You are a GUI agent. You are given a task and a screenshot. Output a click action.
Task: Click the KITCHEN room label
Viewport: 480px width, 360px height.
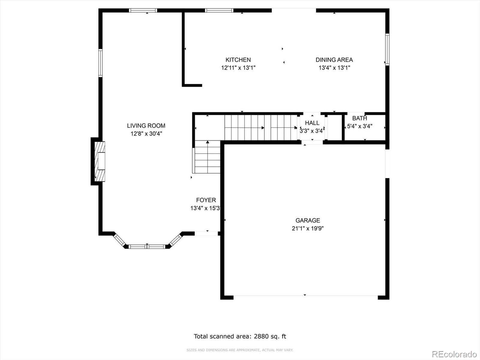[238, 60]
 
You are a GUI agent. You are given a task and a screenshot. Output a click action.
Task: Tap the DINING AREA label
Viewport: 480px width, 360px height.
[334, 60]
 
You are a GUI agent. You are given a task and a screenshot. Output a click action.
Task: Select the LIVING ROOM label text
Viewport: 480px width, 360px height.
[146, 126]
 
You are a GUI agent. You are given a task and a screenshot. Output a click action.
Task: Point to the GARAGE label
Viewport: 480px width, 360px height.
[308, 220]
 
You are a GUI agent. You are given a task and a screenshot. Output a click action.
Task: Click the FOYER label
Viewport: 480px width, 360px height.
[206, 200]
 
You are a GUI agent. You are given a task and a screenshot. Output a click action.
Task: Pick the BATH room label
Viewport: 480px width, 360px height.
[360, 118]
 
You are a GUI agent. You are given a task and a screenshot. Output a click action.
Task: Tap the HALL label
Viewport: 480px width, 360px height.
[312, 123]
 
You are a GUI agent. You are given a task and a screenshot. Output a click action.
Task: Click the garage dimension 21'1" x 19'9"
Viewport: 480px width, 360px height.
[308, 228]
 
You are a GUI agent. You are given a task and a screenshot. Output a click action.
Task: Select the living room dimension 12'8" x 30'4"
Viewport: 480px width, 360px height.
[146, 133]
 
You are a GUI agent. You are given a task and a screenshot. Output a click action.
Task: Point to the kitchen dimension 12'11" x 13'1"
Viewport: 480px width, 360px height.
[238, 68]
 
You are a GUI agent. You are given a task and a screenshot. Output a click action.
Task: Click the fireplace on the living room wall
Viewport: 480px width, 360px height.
[100, 161]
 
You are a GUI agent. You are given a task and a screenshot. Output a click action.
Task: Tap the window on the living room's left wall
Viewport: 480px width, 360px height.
[100, 63]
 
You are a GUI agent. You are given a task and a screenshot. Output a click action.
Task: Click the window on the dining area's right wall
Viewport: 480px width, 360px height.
[387, 49]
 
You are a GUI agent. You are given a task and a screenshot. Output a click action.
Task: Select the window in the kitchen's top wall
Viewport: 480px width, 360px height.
[219, 10]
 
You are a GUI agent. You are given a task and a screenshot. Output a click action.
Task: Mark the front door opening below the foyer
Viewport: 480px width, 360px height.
[206, 233]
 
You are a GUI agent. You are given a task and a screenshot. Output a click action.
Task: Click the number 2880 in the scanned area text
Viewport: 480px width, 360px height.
[261, 336]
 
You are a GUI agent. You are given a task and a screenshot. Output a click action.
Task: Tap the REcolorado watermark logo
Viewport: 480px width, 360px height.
[454, 354]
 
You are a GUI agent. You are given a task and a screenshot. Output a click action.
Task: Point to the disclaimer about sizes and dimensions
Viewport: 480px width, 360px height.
[240, 350]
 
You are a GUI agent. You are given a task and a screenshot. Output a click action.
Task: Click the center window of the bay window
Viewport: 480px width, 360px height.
[147, 247]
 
